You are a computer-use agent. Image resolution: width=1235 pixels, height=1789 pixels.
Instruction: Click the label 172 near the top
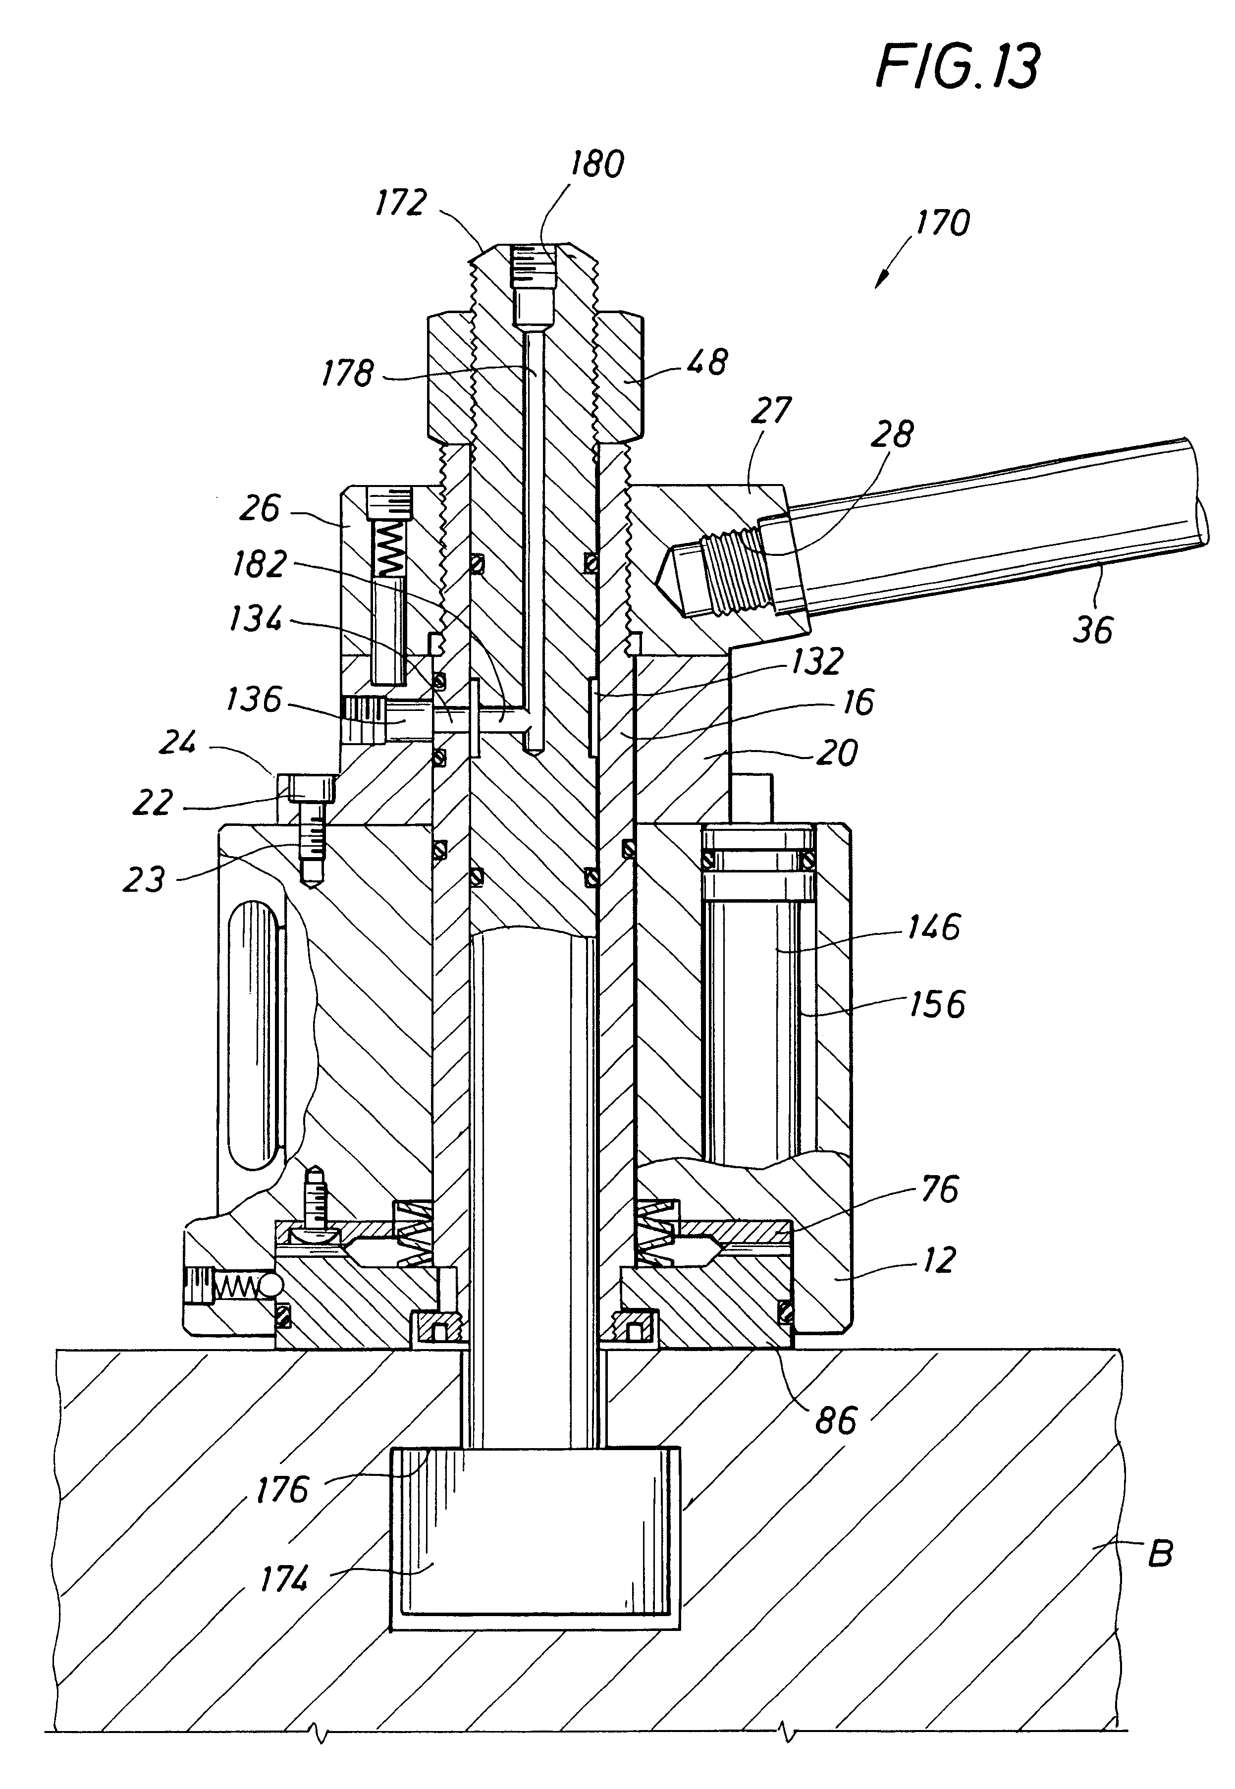tap(401, 203)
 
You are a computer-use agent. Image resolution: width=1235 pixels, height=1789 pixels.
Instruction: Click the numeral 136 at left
tap(254, 700)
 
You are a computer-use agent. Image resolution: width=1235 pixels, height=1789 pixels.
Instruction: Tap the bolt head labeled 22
tap(313, 789)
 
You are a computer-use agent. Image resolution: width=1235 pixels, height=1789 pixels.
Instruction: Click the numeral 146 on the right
tap(934, 926)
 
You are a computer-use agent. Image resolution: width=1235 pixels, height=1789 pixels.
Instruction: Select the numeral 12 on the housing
tap(939, 1260)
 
